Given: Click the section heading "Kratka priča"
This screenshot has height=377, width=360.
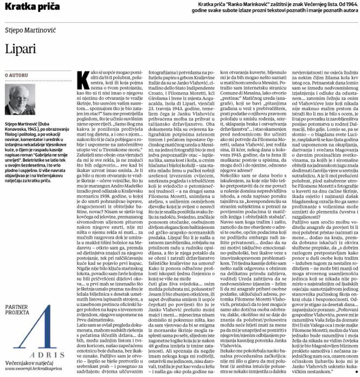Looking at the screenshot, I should tap(32, 7).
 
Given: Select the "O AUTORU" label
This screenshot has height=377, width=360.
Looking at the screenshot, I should tap(16, 75).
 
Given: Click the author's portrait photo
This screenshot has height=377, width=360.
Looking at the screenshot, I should tap(20, 99).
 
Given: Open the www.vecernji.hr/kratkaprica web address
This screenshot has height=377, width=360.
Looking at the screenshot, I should tap(33, 369).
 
